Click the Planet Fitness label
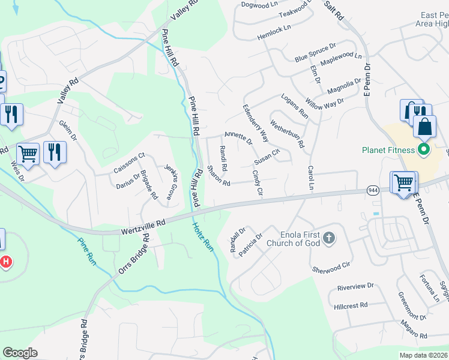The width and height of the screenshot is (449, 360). [388, 150]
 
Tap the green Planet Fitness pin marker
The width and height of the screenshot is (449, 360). [424, 149]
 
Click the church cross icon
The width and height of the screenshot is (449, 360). [328, 238]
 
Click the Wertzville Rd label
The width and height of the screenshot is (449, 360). [143, 226]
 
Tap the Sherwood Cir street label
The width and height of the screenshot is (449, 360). [331, 267]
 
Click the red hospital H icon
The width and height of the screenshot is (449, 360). [5, 262]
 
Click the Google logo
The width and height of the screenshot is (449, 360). [20, 353]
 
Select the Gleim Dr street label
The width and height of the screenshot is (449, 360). [68, 131]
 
